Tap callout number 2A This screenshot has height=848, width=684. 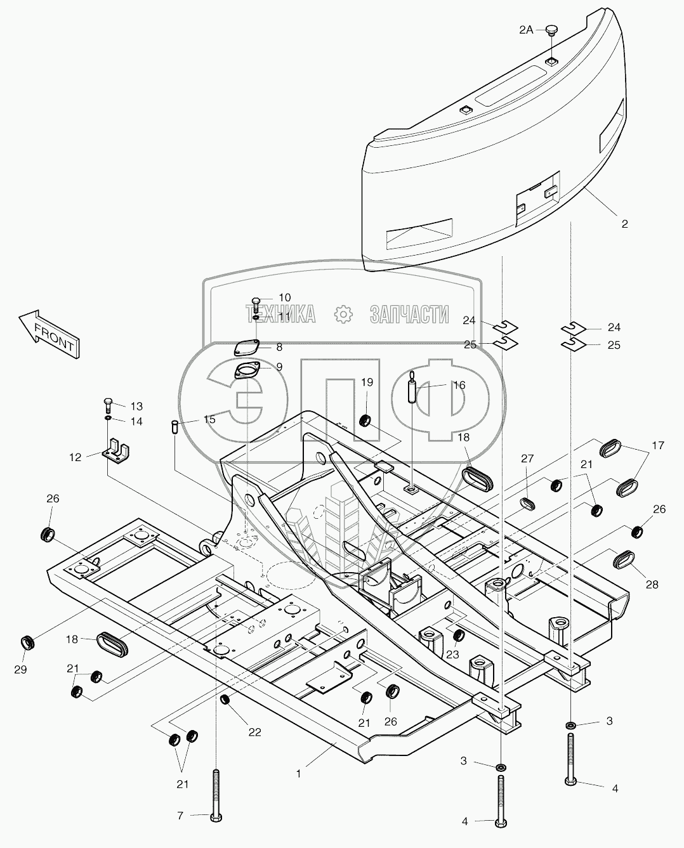coord(527,29)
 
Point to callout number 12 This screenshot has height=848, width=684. coord(76,457)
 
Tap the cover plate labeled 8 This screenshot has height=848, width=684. coord(246,348)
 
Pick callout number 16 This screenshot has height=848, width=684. coord(458,385)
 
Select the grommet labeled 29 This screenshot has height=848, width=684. coord(28,643)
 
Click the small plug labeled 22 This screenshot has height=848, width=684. coord(225,700)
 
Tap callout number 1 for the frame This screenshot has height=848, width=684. coord(299,773)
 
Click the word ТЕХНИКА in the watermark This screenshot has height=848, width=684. coord(280,314)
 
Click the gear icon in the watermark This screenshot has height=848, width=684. coord(343,314)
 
